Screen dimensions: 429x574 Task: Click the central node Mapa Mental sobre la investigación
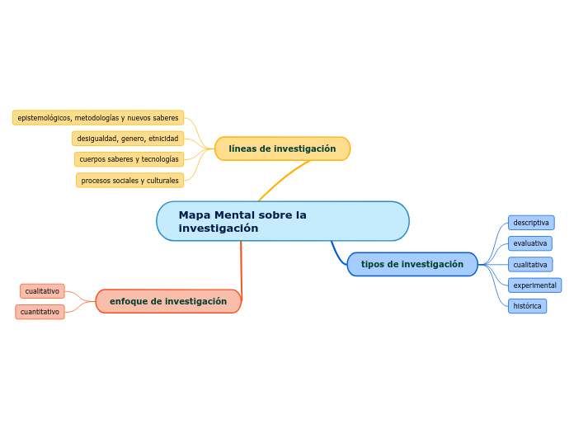point(282,221)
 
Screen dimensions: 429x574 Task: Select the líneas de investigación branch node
point(282,148)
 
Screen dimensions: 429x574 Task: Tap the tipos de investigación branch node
point(412,264)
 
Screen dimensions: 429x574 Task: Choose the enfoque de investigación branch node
point(168,301)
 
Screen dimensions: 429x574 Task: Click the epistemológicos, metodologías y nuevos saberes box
point(98,118)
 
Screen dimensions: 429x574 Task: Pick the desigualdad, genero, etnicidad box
point(128,139)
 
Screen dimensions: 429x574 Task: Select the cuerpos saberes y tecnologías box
point(129,159)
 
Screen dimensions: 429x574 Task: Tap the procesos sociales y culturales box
point(129,181)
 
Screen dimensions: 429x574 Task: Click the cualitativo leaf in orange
point(42,291)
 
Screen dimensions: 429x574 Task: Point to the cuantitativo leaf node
point(40,312)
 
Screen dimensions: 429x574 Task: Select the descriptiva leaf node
point(531,223)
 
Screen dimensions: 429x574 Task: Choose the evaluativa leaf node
point(529,243)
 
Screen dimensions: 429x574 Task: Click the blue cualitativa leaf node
point(529,265)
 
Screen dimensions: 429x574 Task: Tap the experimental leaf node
point(534,285)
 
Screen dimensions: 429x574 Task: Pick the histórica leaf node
point(527,306)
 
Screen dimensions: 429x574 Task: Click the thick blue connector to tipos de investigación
point(336,254)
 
